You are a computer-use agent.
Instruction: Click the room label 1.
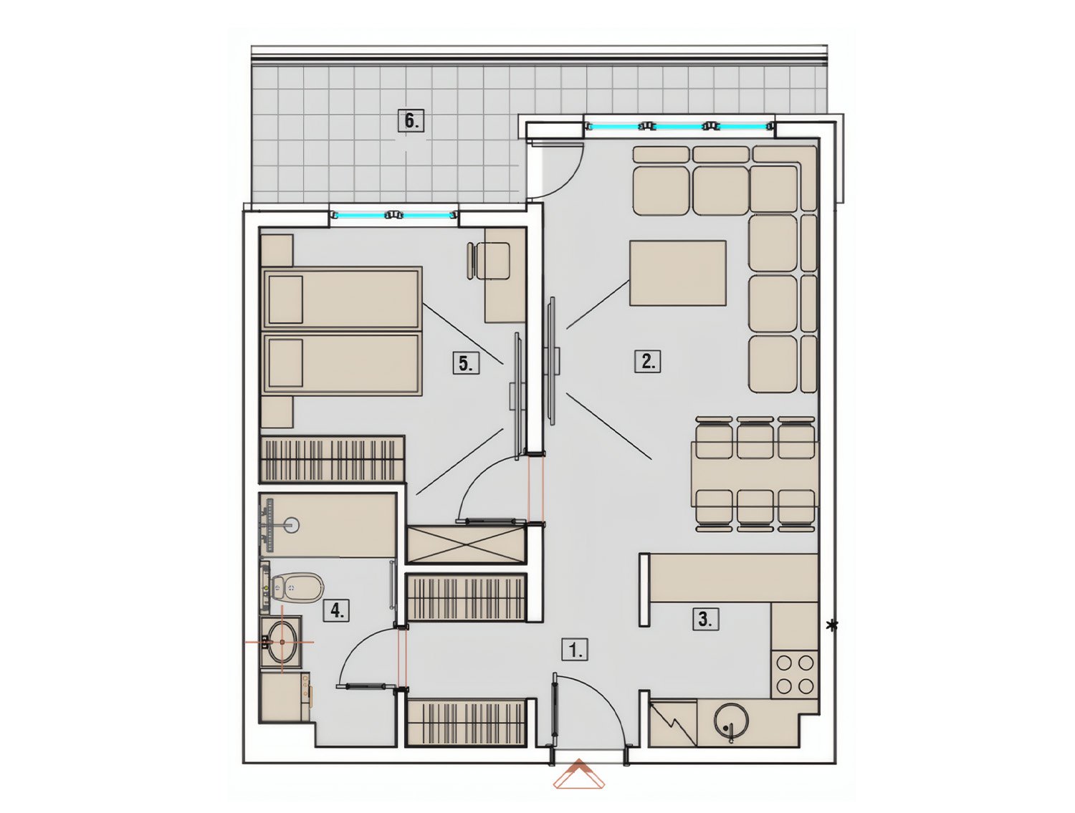(x=574, y=650)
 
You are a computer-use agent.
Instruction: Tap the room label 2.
(x=647, y=362)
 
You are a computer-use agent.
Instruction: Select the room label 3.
(x=705, y=619)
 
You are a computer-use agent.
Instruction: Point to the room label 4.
(x=337, y=610)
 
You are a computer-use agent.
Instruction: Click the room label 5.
(x=466, y=363)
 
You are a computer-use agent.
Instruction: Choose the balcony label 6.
(x=411, y=120)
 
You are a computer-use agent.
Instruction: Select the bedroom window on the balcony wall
(x=393, y=214)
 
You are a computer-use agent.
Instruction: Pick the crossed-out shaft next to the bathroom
(x=467, y=545)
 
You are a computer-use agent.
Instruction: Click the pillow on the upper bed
(x=285, y=299)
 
